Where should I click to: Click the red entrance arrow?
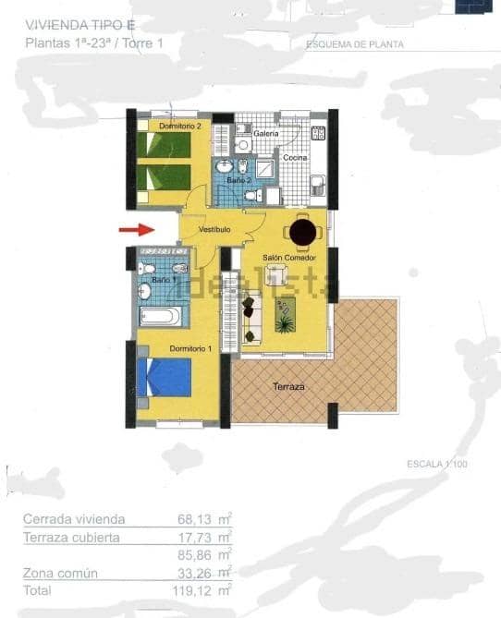[x=134, y=229]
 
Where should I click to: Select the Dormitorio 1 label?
[x=190, y=347]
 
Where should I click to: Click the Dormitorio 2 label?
[x=179, y=125]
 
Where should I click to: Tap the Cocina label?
[x=295, y=158]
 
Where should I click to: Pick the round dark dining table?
[x=302, y=230]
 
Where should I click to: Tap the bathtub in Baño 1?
[x=164, y=316]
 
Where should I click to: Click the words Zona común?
[x=60, y=574]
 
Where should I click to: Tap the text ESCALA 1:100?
[x=437, y=464]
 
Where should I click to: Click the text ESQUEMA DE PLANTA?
[x=355, y=44]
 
